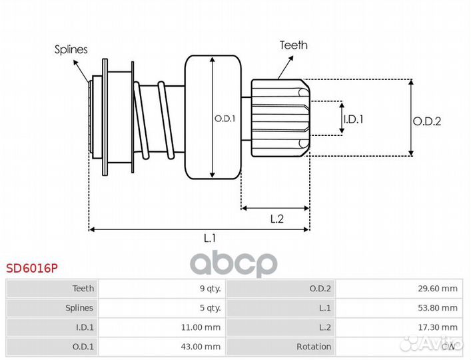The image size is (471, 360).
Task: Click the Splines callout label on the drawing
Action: click(71, 50)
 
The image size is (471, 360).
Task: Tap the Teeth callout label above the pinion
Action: click(293, 45)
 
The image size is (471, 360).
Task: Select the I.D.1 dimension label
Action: click(353, 119)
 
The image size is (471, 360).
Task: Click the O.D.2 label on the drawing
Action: click(427, 121)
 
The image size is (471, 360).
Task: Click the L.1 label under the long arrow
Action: click(210, 237)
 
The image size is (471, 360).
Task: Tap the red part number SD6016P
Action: click(32, 269)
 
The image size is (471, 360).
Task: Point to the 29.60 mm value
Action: click(440, 289)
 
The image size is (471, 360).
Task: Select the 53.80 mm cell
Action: click(440, 308)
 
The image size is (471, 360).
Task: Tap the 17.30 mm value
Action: click(440, 327)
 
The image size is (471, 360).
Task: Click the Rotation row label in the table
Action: click(313, 347)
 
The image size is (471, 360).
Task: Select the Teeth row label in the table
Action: click(83, 289)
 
